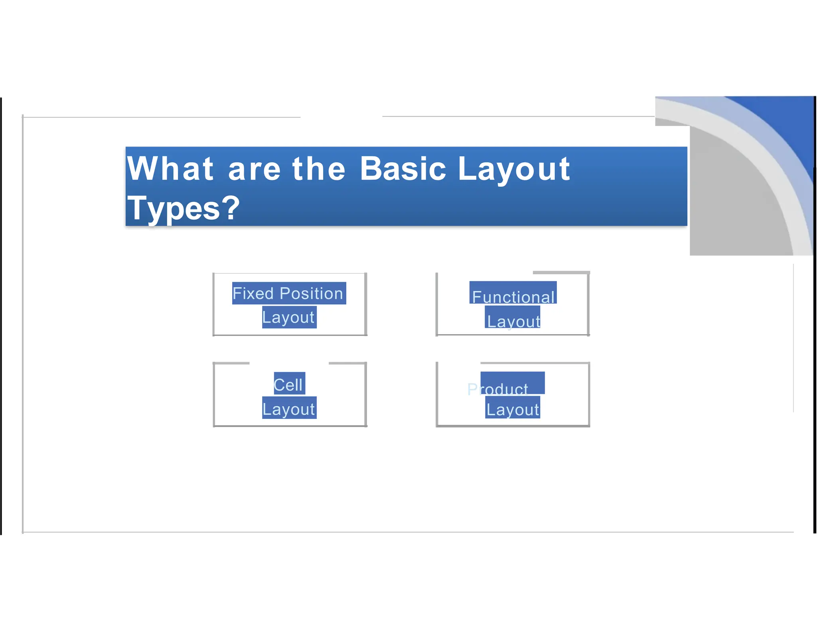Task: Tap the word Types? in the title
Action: [x=183, y=208]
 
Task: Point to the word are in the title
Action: [x=255, y=170]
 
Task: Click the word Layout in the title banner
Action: [x=514, y=170]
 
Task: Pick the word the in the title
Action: [x=318, y=169]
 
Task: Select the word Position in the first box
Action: [x=311, y=294]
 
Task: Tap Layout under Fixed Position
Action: [x=288, y=317]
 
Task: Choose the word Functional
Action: [x=513, y=297]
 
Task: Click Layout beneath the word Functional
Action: [x=513, y=321]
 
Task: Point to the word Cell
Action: [x=288, y=385]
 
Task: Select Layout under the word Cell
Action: [x=289, y=409]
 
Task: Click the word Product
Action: [x=498, y=389]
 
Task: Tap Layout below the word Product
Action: [x=513, y=410]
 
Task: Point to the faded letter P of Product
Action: [x=472, y=389]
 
